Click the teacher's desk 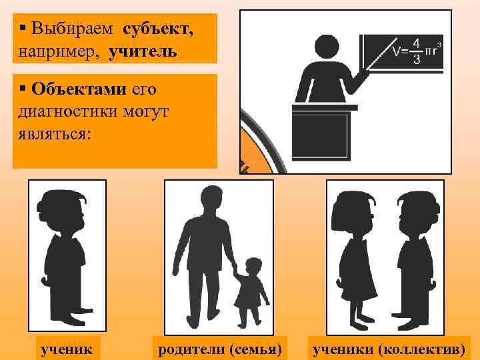click(x=319, y=133)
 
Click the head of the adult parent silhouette click(x=209, y=197)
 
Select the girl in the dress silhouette click(x=357, y=260)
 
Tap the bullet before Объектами click(x=23, y=88)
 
